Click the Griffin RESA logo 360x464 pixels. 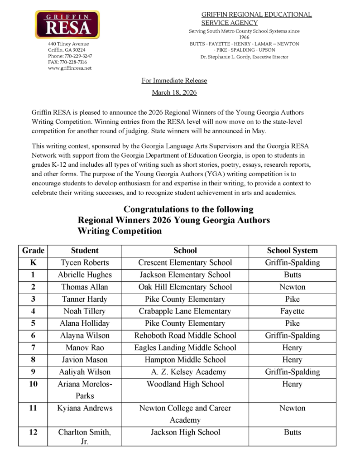(x=67, y=25)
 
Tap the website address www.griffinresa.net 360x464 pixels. (x=70, y=68)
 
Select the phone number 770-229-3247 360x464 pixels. (x=77, y=56)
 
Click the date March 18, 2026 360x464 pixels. (x=174, y=92)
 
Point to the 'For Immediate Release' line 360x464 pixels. (x=174, y=81)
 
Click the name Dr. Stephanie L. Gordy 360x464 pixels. (x=226, y=57)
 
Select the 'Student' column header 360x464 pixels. (x=85, y=251)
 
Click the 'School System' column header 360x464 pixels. (x=292, y=251)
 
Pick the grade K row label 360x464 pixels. (x=33, y=262)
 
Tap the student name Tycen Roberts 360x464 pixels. (x=85, y=263)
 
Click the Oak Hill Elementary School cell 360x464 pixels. (x=185, y=287)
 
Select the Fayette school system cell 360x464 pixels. (x=292, y=311)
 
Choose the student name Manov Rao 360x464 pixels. (x=85, y=348)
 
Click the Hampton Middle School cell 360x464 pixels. (x=185, y=360)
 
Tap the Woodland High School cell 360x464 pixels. (x=185, y=384)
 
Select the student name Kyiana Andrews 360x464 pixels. (x=85, y=408)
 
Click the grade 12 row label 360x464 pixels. (x=33, y=432)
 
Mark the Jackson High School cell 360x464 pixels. (x=185, y=432)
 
